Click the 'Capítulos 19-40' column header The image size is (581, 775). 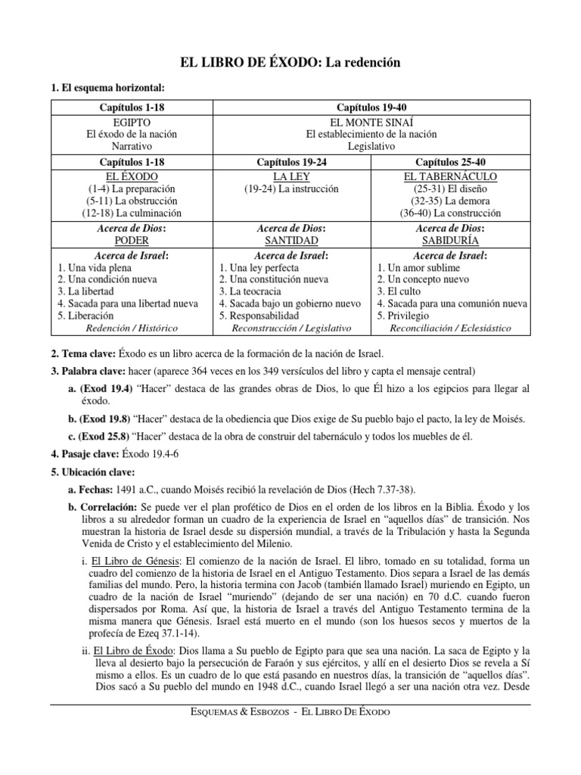(371, 108)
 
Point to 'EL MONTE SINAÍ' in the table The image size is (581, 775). (371, 122)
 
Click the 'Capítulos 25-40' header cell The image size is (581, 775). (450, 162)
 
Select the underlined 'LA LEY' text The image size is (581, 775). (290, 176)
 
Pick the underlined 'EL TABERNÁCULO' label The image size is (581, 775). (450, 176)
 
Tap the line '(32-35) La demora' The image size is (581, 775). (450, 201)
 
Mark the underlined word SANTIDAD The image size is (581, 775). (290, 239)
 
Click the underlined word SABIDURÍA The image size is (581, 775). (450, 239)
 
